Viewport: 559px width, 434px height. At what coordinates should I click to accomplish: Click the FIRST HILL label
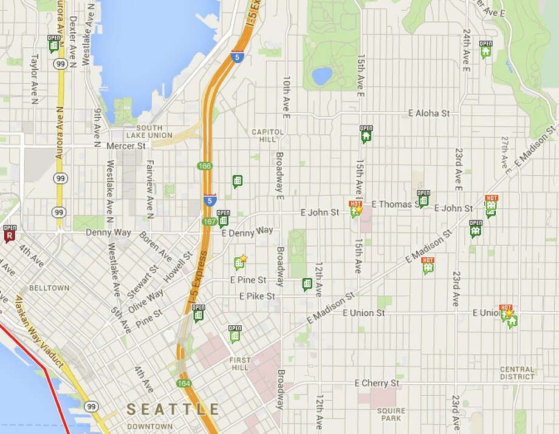[x=240, y=364]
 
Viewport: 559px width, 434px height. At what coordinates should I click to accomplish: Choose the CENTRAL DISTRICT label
[x=517, y=373]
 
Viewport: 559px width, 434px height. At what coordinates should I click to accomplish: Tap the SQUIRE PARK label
[x=390, y=414]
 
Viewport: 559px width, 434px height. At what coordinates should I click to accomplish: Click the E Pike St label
[x=257, y=296]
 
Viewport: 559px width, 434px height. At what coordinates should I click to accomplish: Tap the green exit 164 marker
[x=183, y=383]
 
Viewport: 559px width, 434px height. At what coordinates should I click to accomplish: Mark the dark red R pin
[x=9, y=234]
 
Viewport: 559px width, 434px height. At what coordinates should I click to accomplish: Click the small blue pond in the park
[x=321, y=76]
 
